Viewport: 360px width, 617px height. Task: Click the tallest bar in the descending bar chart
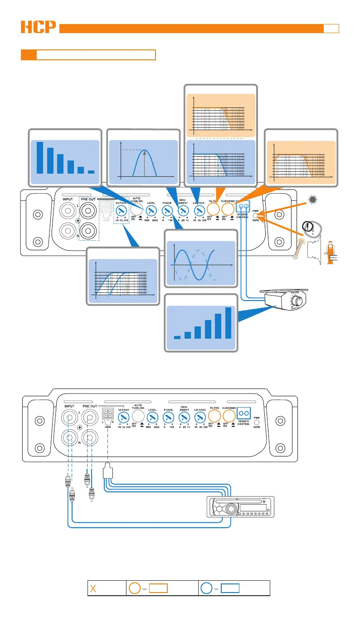pyautogui.click(x=40, y=157)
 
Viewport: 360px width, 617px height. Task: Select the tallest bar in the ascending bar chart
pyautogui.click(x=228, y=323)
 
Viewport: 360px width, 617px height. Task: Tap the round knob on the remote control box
pyautogui.click(x=297, y=301)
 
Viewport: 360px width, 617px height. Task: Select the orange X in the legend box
pyautogui.click(x=94, y=589)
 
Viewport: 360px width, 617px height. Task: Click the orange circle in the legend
pyautogui.click(x=134, y=588)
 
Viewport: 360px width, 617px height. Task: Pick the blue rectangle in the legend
pyautogui.click(x=230, y=588)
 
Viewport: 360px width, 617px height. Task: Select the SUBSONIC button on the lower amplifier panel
pyautogui.click(x=228, y=414)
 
